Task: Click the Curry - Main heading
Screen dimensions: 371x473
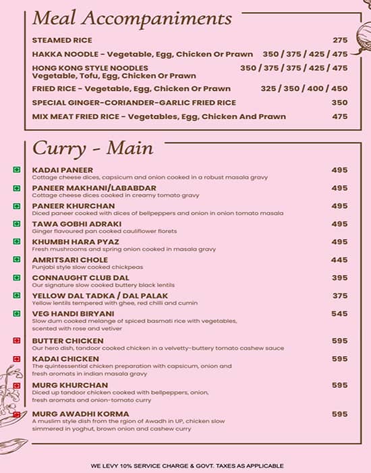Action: point(93,147)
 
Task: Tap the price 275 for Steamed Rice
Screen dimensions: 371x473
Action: point(339,41)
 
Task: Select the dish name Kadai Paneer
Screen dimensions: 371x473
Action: point(63,170)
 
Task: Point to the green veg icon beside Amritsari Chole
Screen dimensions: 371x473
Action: point(16,260)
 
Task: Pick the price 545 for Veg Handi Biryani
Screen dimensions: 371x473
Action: point(339,314)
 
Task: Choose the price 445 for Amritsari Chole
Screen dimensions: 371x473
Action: point(339,260)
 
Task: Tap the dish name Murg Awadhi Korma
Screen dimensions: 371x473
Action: point(74,414)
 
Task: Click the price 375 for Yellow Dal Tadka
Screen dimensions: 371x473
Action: point(339,296)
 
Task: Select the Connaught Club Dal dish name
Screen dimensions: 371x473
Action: point(76,278)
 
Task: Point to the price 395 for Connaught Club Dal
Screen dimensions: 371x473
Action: point(339,278)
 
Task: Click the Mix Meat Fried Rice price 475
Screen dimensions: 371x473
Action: point(339,116)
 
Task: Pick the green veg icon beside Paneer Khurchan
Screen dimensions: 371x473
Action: point(16,206)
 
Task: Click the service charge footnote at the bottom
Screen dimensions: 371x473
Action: point(187,466)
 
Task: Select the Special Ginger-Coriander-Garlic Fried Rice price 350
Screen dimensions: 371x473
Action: point(339,103)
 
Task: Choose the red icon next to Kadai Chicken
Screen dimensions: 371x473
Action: point(16,359)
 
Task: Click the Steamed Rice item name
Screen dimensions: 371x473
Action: point(62,41)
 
